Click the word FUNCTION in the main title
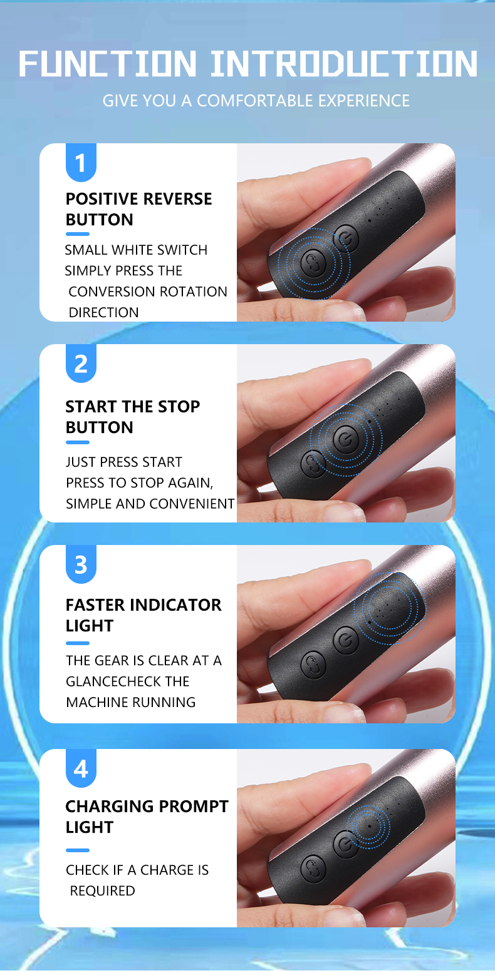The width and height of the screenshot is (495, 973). (x=107, y=64)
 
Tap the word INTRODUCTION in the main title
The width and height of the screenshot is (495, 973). (x=345, y=64)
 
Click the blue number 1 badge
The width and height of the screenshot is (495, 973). (x=81, y=163)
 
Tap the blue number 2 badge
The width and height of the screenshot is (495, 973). (x=81, y=364)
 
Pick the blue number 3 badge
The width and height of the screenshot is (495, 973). (x=81, y=564)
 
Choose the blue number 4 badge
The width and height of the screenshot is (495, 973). (x=81, y=768)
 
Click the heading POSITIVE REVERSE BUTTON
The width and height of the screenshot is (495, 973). (x=138, y=209)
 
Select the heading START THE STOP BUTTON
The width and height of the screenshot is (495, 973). (x=133, y=417)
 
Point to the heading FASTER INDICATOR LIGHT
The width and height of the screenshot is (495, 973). (x=143, y=615)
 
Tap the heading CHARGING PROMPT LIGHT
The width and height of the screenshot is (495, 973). (x=147, y=817)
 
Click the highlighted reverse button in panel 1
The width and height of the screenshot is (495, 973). (x=314, y=263)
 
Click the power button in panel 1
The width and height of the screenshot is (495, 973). (x=346, y=238)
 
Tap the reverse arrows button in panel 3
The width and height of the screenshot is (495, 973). (x=314, y=664)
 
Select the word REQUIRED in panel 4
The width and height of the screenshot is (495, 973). (x=103, y=891)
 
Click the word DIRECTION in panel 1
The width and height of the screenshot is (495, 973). (x=103, y=312)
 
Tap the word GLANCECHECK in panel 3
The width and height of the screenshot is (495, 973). (x=127, y=681)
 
